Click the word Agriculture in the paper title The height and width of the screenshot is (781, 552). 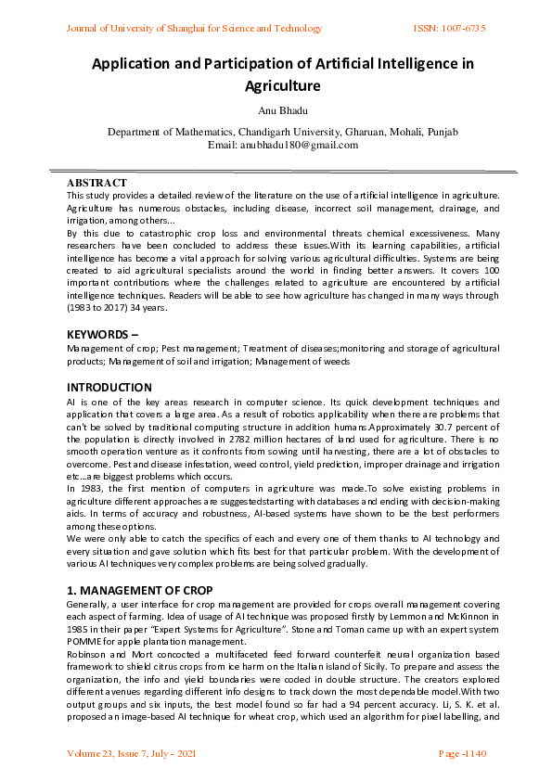[282, 86]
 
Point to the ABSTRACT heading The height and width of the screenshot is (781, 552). [96, 184]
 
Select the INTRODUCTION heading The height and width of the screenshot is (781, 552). [109, 387]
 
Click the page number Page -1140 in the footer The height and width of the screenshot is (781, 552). [461, 753]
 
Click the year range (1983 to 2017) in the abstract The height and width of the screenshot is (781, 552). [97, 307]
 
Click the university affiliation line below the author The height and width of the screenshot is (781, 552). [282, 133]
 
